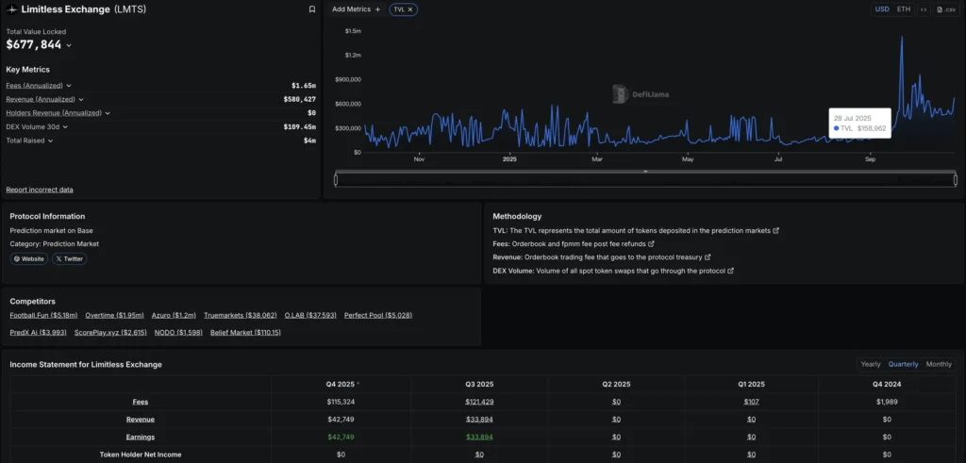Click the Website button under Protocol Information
point(28,258)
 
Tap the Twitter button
point(70,258)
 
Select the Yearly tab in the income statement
point(870,364)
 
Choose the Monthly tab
point(938,364)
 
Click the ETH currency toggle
point(904,9)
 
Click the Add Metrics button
point(356,9)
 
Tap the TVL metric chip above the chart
point(403,9)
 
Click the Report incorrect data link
point(40,190)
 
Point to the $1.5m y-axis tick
point(353,31)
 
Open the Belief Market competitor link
point(245,332)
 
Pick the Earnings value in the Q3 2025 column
point(479,437)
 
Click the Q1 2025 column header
point(751,384)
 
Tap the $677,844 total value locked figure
point(34,44)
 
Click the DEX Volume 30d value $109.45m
point(299,126)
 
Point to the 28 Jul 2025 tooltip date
point(853,118)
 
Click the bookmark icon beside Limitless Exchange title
point(312,9)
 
